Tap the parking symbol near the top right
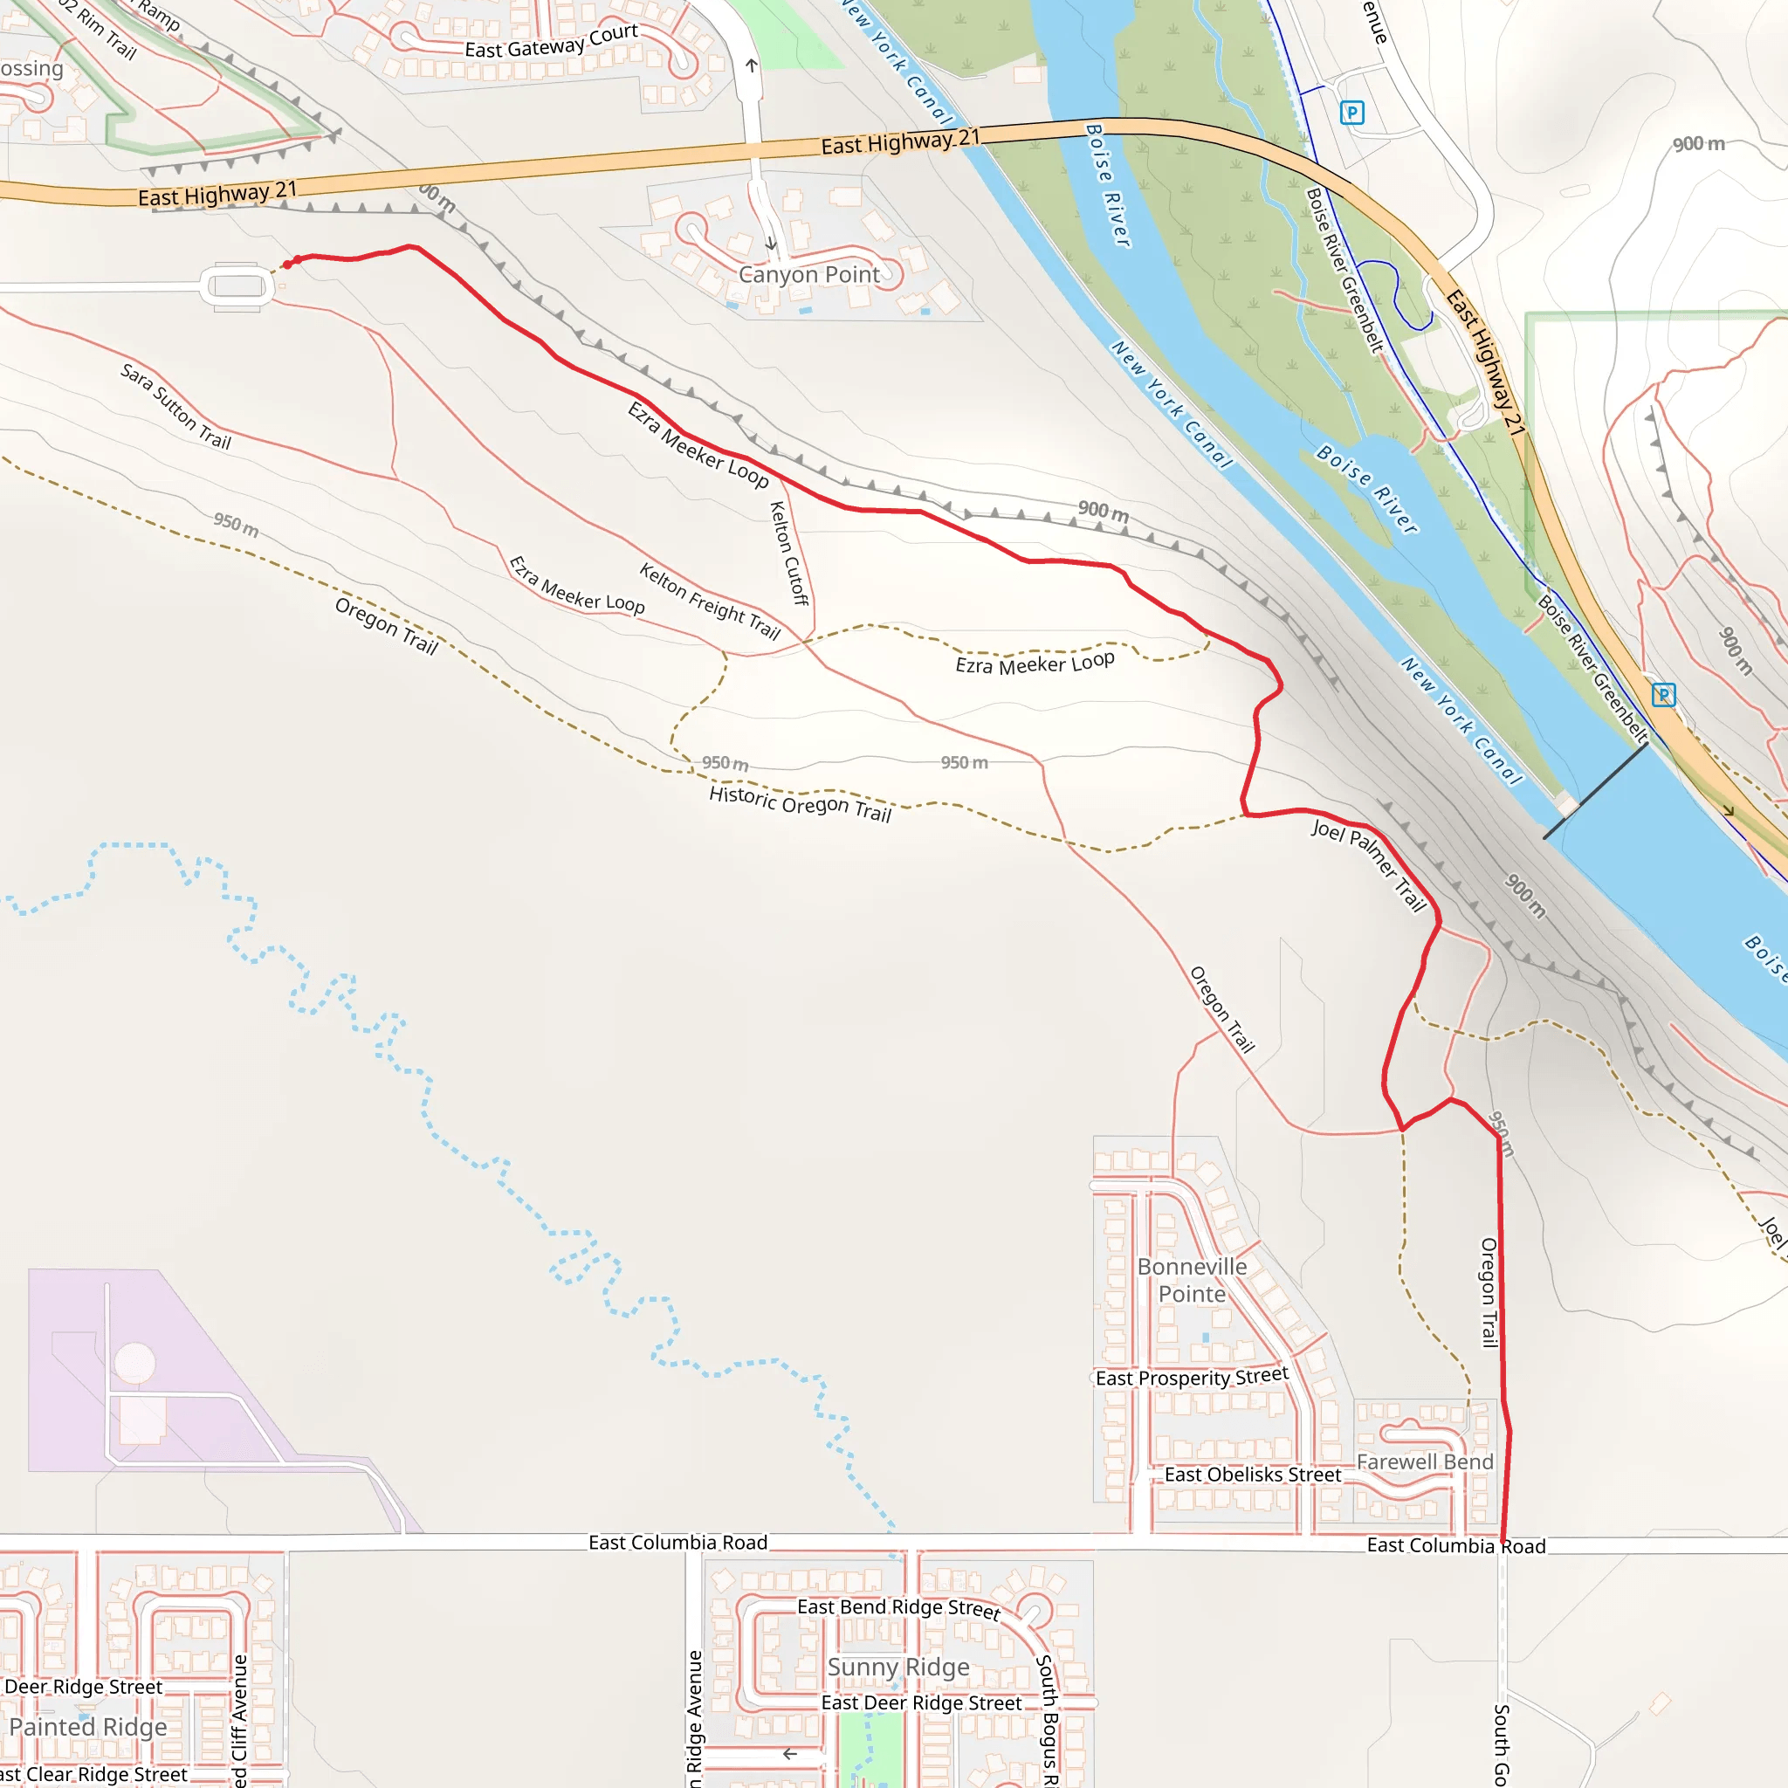1352,113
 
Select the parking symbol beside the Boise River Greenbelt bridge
1663,694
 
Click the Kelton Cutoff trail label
788,554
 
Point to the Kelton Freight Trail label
710,602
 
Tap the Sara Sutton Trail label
175,406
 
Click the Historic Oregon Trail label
800,803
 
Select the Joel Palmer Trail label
1370,864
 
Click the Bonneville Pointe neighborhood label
1192,1280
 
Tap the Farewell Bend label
1425,1461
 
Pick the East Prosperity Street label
1192,1377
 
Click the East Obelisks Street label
1252,1475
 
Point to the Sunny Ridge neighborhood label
898,1667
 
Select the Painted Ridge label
89,1727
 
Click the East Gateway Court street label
552,42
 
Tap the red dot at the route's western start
287,265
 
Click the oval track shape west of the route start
237,286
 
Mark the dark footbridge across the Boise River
1594,791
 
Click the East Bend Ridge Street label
898,1608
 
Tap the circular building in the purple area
135,1362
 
